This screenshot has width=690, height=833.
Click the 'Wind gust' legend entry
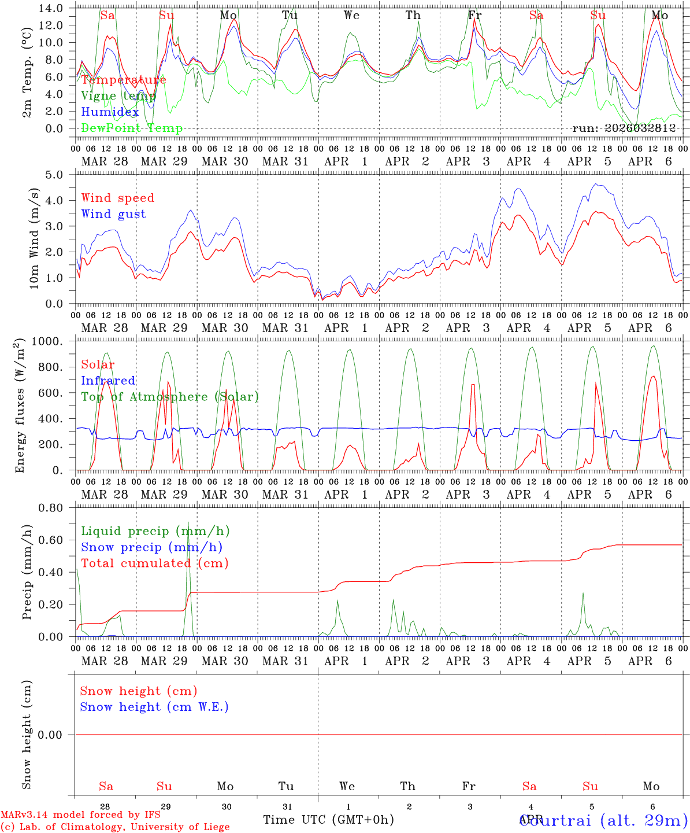(113, 214)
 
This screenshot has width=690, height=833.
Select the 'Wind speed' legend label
(117, 198)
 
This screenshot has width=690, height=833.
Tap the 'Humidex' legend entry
(110, 112)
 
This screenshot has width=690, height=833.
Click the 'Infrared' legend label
(108, 381)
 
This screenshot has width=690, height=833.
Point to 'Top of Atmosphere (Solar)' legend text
(169, 397)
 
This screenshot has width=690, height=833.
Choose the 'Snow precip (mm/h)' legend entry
(151, 547)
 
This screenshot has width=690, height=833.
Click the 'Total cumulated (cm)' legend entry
(154, 563)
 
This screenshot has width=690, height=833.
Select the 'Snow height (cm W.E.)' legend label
(154, 707)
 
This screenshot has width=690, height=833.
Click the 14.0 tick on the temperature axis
(52, 8)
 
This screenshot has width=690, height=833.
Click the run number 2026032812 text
(624, 128)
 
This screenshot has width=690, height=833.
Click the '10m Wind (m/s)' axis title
(35, 238)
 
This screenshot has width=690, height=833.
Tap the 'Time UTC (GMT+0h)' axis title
(328, 820)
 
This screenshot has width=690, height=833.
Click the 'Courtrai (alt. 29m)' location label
(604, 820)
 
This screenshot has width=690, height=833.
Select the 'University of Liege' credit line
(115, 827)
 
